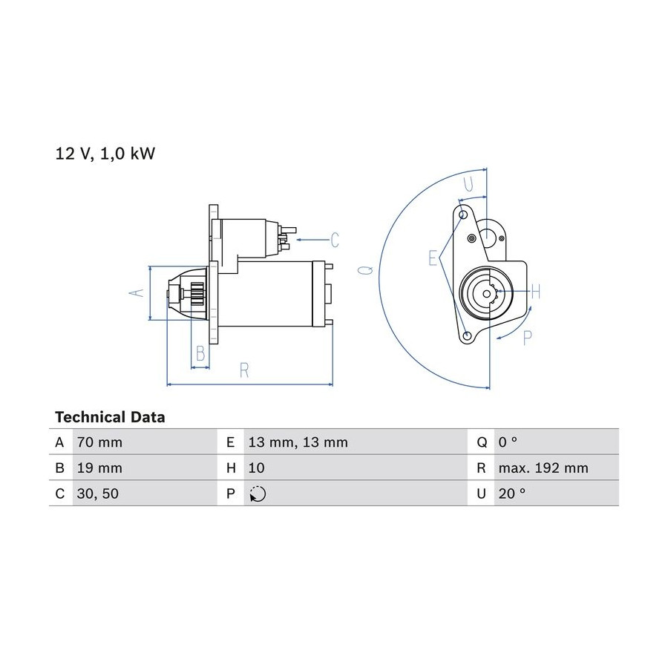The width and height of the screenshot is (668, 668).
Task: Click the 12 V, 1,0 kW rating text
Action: [105, 154]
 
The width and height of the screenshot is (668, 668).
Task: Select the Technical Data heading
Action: [110, 417]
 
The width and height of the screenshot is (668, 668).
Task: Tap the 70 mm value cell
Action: [99, 442]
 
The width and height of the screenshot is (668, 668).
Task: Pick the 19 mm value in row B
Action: [99, 468]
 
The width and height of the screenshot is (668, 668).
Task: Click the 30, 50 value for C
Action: [97, 494]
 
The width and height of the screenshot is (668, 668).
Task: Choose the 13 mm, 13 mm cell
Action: [298, 442]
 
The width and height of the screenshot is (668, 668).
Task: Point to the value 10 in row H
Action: [257, 468]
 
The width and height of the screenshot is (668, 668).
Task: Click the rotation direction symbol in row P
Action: [258, 494]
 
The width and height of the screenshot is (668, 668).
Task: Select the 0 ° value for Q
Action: [508, 442]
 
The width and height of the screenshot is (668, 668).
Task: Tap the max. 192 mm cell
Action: [543, 468]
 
